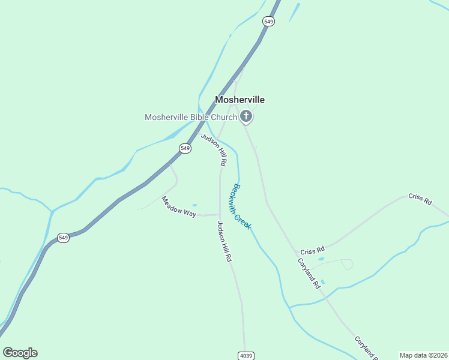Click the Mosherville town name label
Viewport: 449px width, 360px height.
coord(240,100)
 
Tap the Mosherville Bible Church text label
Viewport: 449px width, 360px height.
coord(191,117)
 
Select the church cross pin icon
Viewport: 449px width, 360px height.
coord(246,115)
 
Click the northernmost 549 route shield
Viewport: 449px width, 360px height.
coord(268,21)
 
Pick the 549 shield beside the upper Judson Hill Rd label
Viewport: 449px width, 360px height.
coord(185,148)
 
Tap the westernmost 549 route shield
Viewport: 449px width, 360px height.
coord(64,238)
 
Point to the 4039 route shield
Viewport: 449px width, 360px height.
coord(246,355)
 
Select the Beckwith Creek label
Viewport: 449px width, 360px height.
coord(241,206)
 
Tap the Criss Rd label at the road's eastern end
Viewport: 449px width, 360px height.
coord(420,199)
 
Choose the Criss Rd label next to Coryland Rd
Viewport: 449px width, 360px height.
coord(312,249)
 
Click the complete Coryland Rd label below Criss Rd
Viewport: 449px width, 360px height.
coord(309,274)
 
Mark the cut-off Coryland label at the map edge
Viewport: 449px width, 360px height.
coord(366,347)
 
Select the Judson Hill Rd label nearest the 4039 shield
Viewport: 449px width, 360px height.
coord(224,241)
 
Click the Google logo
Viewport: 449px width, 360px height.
coord(20,353)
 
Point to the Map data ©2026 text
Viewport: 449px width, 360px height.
coord(423,355)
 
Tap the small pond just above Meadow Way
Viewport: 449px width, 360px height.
coord(194,205)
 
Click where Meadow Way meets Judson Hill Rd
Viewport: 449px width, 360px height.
coord(219,214)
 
